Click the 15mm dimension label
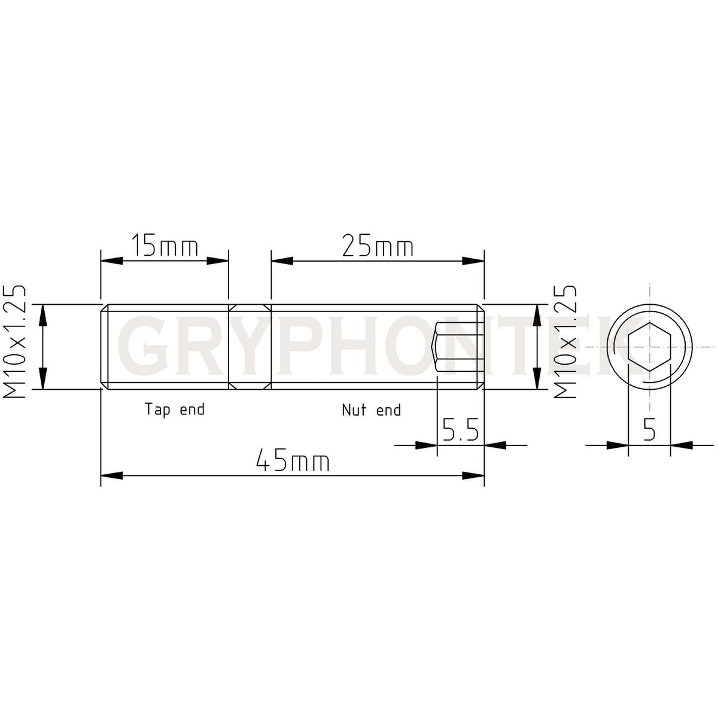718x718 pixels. point(164,246)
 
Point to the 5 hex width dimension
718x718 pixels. point(649,430)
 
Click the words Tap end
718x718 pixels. point(174,410)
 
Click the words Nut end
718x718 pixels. point(371,410)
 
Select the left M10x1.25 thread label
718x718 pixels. point(14,342)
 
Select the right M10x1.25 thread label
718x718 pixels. point(565,342)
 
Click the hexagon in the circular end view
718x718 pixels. point(649,347)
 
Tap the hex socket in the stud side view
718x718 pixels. point(458,347)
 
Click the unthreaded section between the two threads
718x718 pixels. point(250,347)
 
